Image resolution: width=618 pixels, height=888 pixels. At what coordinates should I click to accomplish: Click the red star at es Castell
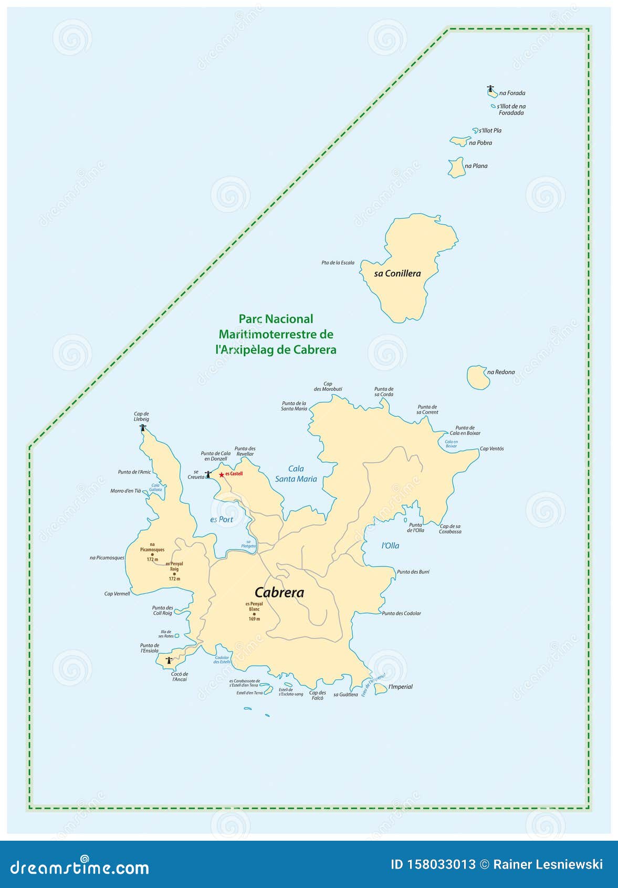222,474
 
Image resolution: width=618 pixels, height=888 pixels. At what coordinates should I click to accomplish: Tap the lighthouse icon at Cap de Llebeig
142,428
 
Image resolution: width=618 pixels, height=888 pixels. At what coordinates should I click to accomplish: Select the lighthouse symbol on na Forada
491,90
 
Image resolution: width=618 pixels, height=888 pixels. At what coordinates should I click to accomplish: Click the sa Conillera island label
397,273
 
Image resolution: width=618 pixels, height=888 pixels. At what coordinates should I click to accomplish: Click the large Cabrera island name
279,593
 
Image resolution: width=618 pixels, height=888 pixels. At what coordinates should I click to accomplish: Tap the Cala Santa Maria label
296,473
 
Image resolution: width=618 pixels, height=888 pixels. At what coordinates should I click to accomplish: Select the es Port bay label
222,519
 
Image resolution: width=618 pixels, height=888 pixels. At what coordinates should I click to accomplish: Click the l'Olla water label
390,545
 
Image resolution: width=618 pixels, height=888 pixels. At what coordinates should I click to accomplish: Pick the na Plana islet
456,168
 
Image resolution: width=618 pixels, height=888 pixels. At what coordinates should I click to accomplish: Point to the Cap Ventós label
491,449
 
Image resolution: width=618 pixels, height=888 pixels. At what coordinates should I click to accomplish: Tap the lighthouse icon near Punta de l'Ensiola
169,660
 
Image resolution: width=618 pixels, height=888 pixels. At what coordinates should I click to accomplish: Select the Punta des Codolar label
401,613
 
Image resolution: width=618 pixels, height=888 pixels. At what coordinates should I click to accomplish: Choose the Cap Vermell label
117,594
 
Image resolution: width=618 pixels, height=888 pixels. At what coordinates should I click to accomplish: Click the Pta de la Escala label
338,263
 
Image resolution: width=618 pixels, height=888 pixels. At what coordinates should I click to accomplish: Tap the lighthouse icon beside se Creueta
208,474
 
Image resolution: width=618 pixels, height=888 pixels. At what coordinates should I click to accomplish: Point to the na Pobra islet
459,141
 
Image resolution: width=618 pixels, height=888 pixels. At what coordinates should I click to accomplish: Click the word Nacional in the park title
289,319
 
